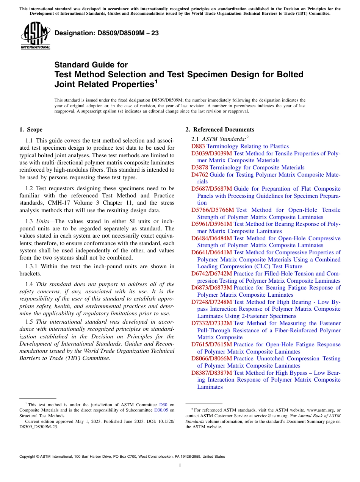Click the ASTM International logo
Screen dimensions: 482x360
point(35,36)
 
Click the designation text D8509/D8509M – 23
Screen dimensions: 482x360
point(106,33)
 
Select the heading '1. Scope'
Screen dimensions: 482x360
point(31,130)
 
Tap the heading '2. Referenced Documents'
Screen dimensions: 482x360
point(220,130)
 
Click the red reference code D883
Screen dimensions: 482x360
point(198,146)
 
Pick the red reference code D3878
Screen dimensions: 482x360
point(200,167)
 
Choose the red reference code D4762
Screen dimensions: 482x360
point(200,175)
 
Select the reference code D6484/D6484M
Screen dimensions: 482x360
point(211,238)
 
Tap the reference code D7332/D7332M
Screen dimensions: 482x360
point(211,323)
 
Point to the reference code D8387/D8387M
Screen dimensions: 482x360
point(211,373)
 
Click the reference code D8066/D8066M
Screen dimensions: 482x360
point(211,358)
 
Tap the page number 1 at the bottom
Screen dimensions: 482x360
point(180,466)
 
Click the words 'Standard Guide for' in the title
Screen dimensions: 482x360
point(91,65)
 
